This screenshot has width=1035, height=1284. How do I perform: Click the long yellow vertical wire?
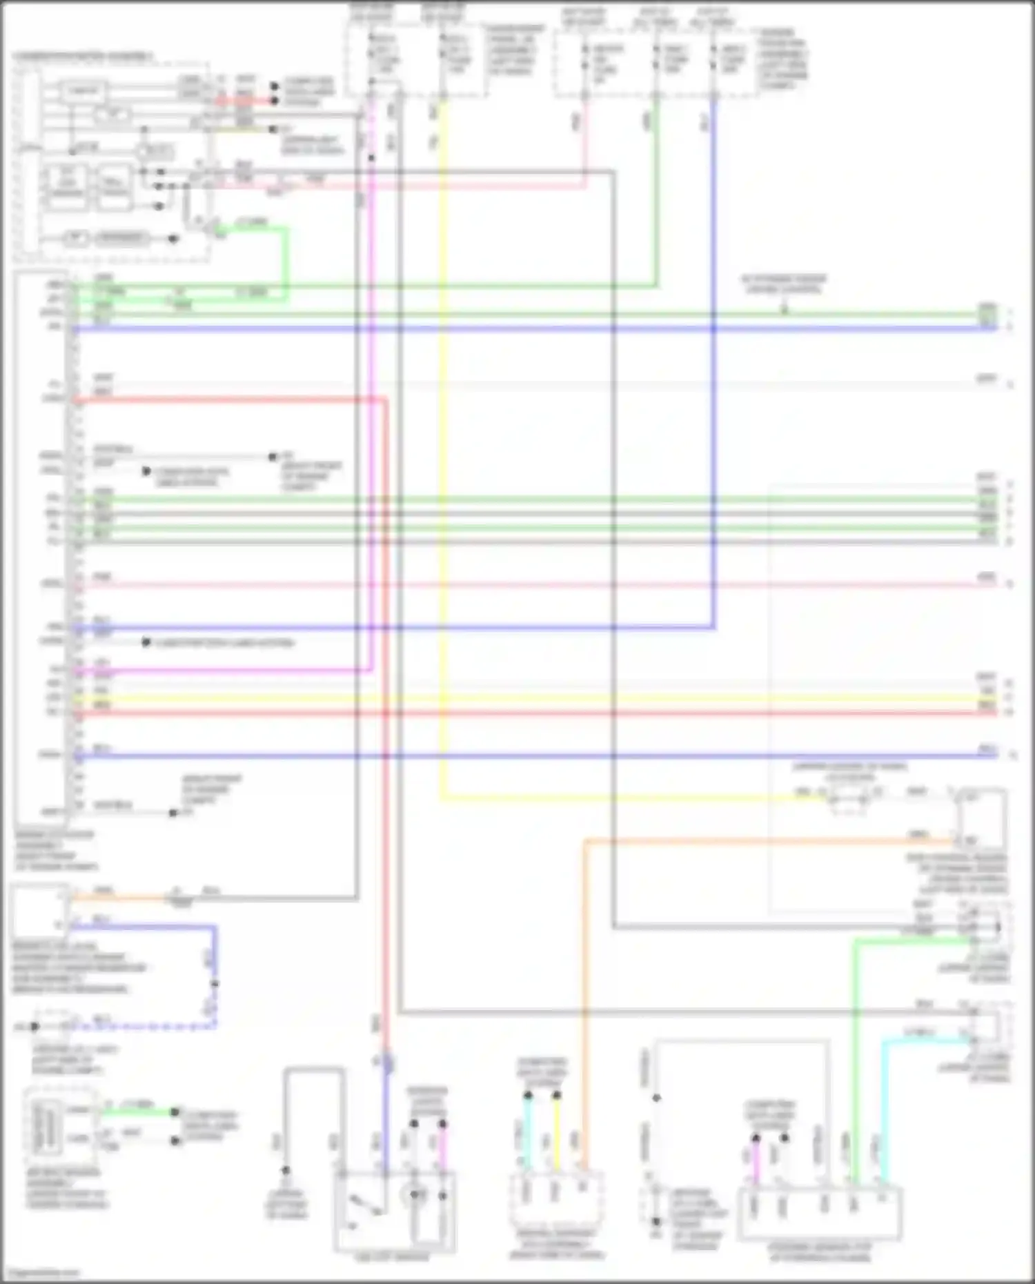(x=442, y=448)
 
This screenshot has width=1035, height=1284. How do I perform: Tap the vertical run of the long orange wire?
(x=584, y=1000)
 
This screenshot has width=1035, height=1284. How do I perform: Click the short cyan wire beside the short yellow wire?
(x=528, y=1132)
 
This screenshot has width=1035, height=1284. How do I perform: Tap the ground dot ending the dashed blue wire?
(x=34, y=1027)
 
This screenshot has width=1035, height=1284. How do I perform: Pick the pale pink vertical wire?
(x=584, y=138)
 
